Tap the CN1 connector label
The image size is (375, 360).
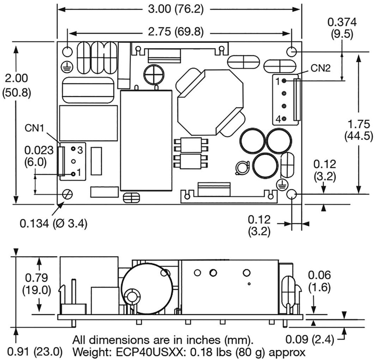(35, 128)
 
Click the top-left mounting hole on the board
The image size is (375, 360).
(67, 52)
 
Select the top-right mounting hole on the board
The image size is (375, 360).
(292, 52)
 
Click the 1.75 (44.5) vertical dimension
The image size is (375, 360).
(360, 130)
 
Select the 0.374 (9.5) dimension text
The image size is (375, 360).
(342, 28)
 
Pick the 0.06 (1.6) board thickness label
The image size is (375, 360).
(319, 281)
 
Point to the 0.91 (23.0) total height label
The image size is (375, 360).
(31, 353)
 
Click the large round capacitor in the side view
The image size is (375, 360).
(147, 289)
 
